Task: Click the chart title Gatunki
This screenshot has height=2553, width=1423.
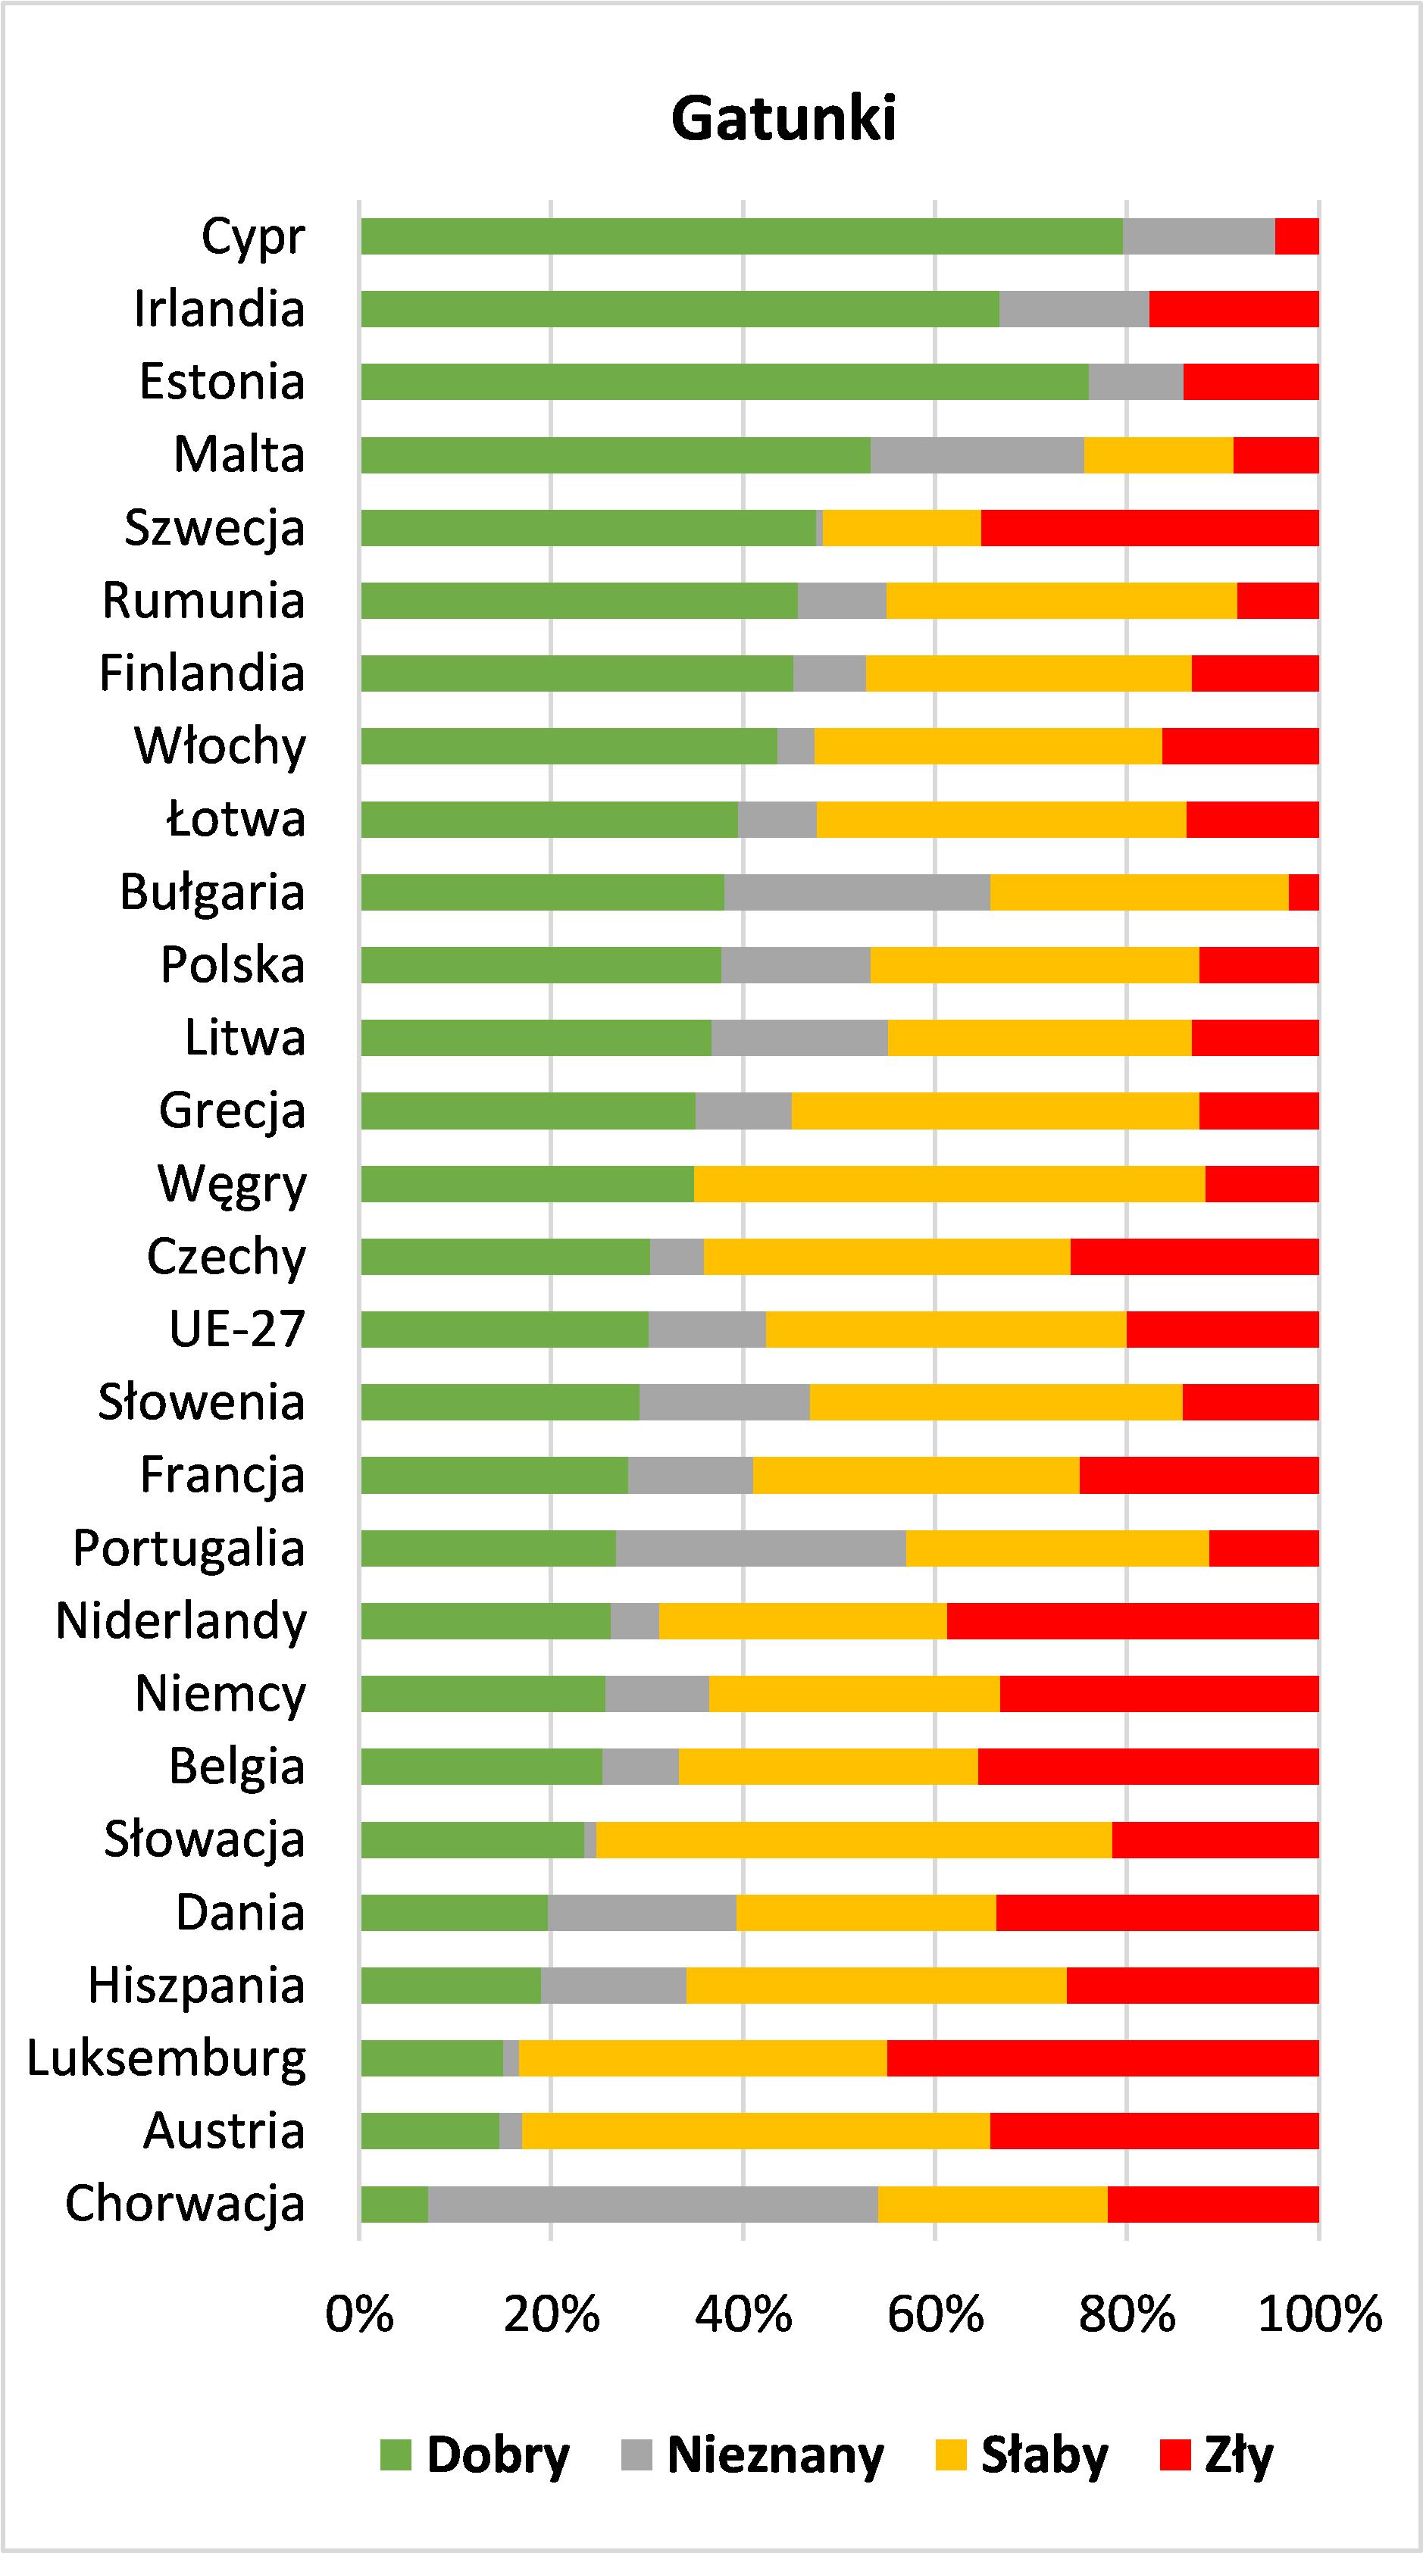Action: (x=783, y=119)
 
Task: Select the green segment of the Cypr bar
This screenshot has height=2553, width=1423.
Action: (x=741, y=236)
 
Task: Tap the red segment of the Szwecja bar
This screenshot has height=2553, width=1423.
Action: (x=1149, y=527)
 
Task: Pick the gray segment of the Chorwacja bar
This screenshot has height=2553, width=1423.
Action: (x=652, y=2205)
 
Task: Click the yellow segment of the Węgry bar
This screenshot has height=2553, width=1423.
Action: (x=949, y=1183)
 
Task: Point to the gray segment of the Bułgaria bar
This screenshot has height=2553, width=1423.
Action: (x=857, y=892)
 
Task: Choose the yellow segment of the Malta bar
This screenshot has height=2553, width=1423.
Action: (x=1159, y=455)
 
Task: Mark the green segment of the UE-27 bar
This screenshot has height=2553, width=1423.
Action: (x=505, y=1329)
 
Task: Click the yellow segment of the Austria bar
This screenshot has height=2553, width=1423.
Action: (x=755, y=2131)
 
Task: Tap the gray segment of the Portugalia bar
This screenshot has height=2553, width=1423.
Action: (x=760, y=1548)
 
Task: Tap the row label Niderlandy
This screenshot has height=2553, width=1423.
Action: (x=181, y=1621)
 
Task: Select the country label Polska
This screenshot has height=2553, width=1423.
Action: (x=233, y=965)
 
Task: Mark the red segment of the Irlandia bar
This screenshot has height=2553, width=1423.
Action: (x=1234, y=309)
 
